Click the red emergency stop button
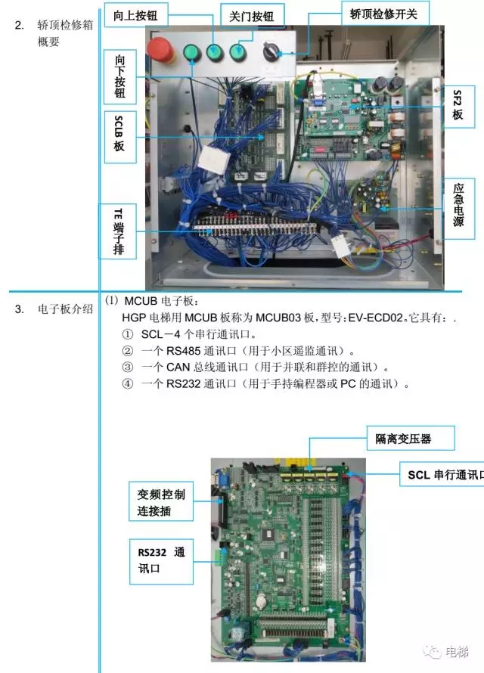click(160, 49)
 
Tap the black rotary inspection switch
click(270, 52)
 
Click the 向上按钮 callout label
click(135, 15)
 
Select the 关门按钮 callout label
click(252, 17)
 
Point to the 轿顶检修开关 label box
click(385, 13)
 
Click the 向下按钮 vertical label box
click(119, 76)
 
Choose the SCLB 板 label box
click(119, 137)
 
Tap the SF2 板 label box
click(459, 106)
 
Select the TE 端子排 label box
click(119, 231)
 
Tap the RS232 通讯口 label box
click(161, 562)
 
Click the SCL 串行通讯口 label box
click(442, 474)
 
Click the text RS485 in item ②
click(183, 351)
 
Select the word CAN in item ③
click(178, 367)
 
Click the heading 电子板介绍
click(65, 309)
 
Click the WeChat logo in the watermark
click(432, 652)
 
